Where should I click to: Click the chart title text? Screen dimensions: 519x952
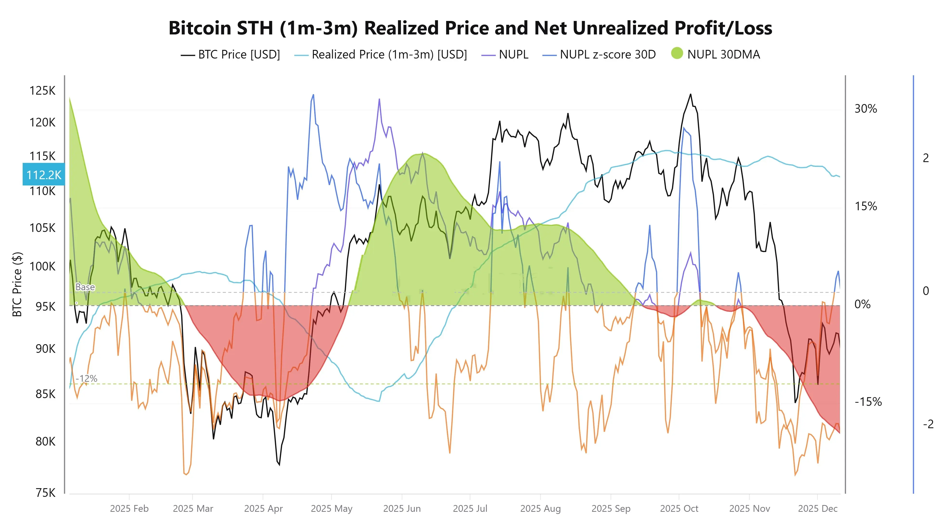(x=470, y=28)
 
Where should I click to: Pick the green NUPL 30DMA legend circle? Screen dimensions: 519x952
(x=677, y=54)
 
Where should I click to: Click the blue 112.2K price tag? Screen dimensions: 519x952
(x=44, y=174)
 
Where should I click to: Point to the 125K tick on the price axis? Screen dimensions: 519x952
(x=42, y=91)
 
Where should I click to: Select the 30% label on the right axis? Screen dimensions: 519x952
(x=866, y=109)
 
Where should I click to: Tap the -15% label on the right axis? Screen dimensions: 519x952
(x=868, y=402)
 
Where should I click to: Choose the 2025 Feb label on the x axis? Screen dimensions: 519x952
(x=129, y=509)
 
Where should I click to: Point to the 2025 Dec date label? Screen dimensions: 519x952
(x=817, y=509)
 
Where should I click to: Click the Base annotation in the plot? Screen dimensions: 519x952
(x=85, y=287)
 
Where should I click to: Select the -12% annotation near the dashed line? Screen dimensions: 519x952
(x=86, y=379)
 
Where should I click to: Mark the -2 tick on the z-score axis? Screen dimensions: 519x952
(x=928, y=424)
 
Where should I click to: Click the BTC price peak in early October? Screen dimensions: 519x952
(x=690, y=95)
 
